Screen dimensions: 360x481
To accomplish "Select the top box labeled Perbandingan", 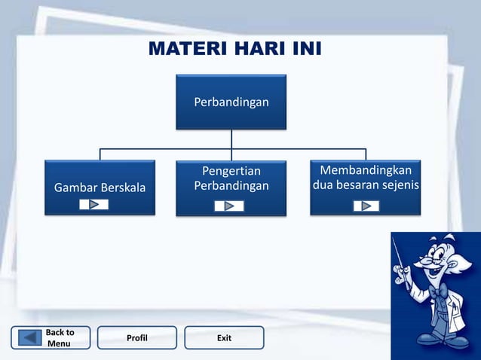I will [x=231, y=101].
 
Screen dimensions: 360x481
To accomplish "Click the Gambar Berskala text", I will [x=100, y=187].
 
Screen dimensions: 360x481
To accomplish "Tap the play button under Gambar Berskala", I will [x=94, y=204].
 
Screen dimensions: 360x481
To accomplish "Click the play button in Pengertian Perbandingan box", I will [x=228, y=206].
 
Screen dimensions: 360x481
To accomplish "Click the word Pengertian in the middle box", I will [x=231, y=172].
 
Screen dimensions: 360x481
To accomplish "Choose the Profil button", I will [x=136, y=338].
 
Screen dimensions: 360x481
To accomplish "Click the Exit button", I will [x=224, y=338].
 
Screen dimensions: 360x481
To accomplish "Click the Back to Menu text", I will [x=60, y=338].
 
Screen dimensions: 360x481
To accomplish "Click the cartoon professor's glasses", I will [x=427, y=262].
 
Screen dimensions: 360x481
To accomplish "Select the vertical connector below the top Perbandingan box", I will [x=231, y=139].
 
